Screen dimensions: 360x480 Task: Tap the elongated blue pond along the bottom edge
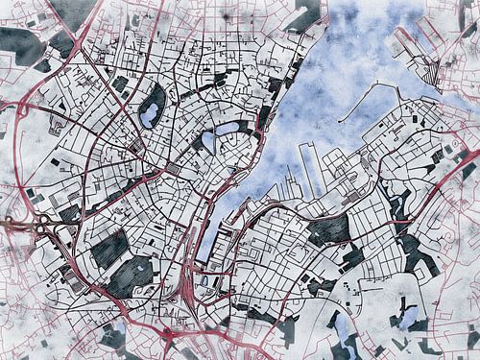pyautogui.click(x=343, y=331)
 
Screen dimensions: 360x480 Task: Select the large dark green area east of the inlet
pyautogui.click(x=329, y=229)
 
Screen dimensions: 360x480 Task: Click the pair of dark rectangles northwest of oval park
pyautogui.click(x=120, y=84)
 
